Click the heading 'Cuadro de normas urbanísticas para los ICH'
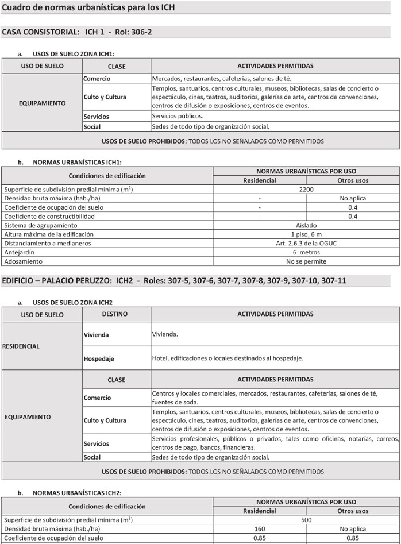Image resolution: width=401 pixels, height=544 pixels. click(x=88, y=7)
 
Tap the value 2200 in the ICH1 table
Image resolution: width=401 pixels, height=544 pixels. click(x=306, y=189)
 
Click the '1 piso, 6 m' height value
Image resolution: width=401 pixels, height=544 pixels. click(x=306, y=234)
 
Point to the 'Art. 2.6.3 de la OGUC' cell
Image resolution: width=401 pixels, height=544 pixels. click(x=306, y=243)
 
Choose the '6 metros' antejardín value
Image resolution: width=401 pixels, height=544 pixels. click(x=306, y=252)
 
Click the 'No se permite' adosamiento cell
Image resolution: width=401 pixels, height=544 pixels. click(x=306, y=261)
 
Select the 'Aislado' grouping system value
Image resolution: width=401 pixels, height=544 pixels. click(x=306, y=225)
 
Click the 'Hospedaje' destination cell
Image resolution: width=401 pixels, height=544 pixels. click(x=99, y=358)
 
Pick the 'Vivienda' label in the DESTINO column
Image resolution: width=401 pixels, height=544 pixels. click(x=96, y=334)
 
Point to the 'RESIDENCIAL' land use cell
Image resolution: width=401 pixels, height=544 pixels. click(x=21, y=346)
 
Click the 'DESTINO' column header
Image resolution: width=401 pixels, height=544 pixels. click(x=115, y=314)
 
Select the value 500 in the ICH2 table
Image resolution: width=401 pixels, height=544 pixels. click(x=306, y=519)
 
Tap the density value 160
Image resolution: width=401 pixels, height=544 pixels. click(x=260, y=528)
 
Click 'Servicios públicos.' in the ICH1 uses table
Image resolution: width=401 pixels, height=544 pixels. click(x=178, y=116)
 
